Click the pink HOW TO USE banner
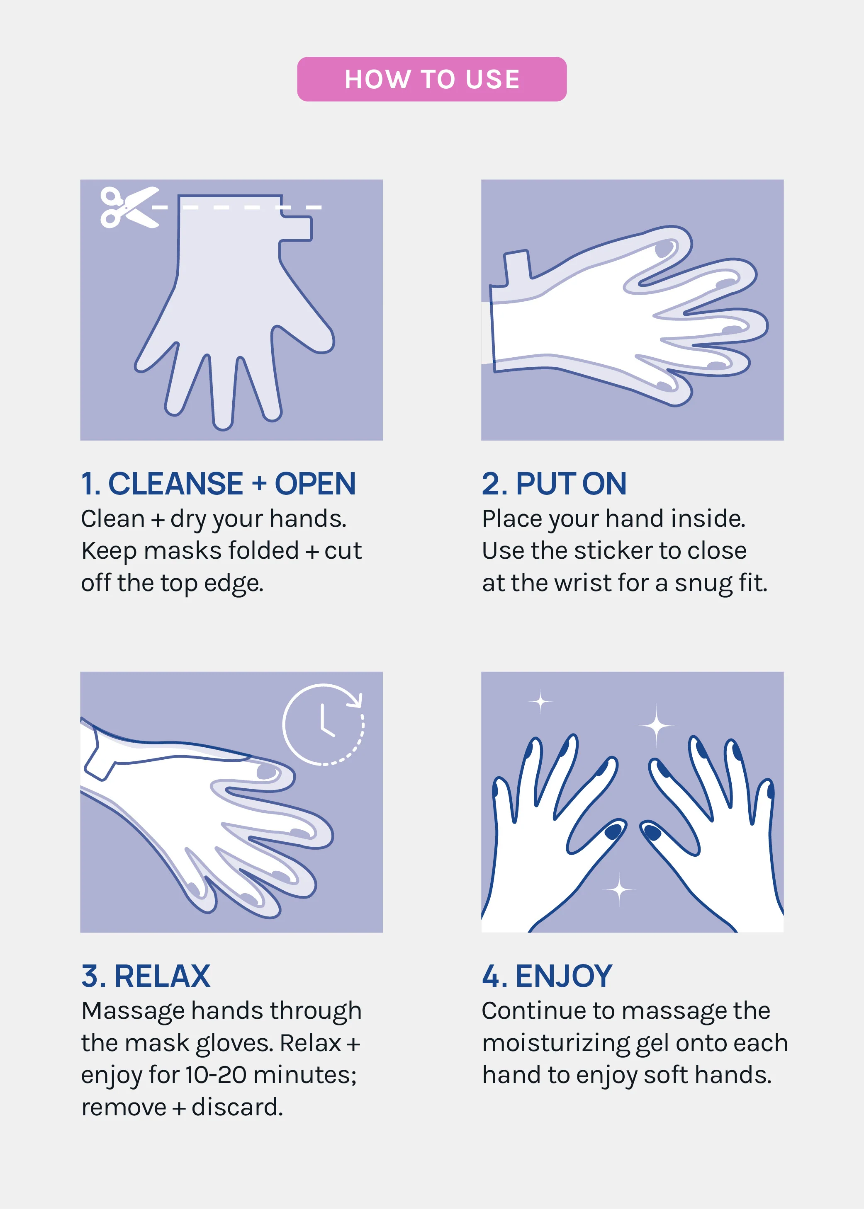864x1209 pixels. [x=431, y=79]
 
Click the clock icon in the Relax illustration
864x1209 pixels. [x=324, y=724]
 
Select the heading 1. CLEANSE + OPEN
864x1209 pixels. [x=218, y=484]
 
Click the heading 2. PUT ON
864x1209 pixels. [x=554, y=484]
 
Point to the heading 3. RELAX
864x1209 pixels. [x=146, y=976]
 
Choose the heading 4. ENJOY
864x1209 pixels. [x=547, y=976]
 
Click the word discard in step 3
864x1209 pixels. [x=237, y=1107]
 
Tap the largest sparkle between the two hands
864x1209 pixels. [x=657, y=725]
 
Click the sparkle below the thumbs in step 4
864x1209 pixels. [x=619, y=888]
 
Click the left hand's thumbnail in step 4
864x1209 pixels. [x=613, y=831]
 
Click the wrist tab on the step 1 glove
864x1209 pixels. [x=296, y=228]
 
